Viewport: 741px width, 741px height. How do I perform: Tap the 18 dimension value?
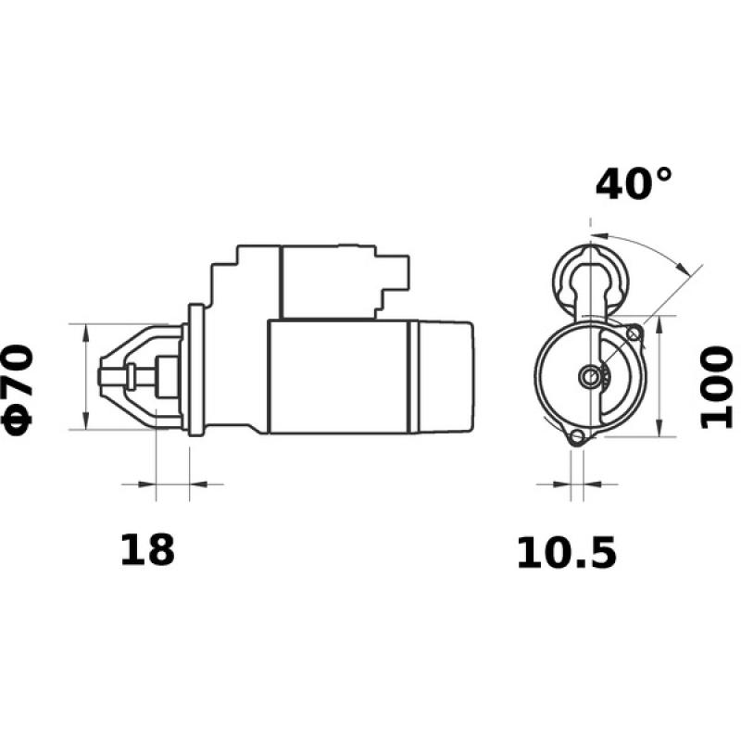pyautogui.click(x=146, y=550)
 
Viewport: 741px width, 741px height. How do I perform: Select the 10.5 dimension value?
pyautogui.click(x=565, y=553)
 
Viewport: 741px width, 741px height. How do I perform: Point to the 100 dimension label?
pyautogui.click(x=715, y=388)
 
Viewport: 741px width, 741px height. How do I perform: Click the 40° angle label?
pyautogui.click(x=634, y=183)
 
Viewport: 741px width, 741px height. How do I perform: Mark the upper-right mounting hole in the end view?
pyautogui.click(x=634, y=333)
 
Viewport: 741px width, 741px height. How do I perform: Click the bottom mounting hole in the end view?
pyautogui.click(x=576, y=438)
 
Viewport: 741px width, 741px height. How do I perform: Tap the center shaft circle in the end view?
pyautogui.click(x=590, y=375)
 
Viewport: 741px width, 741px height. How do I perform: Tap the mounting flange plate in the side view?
pyautogui.click(x=195, y=370)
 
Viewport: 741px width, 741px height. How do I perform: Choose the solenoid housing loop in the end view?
pyautogui.click(x=589, y=273)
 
